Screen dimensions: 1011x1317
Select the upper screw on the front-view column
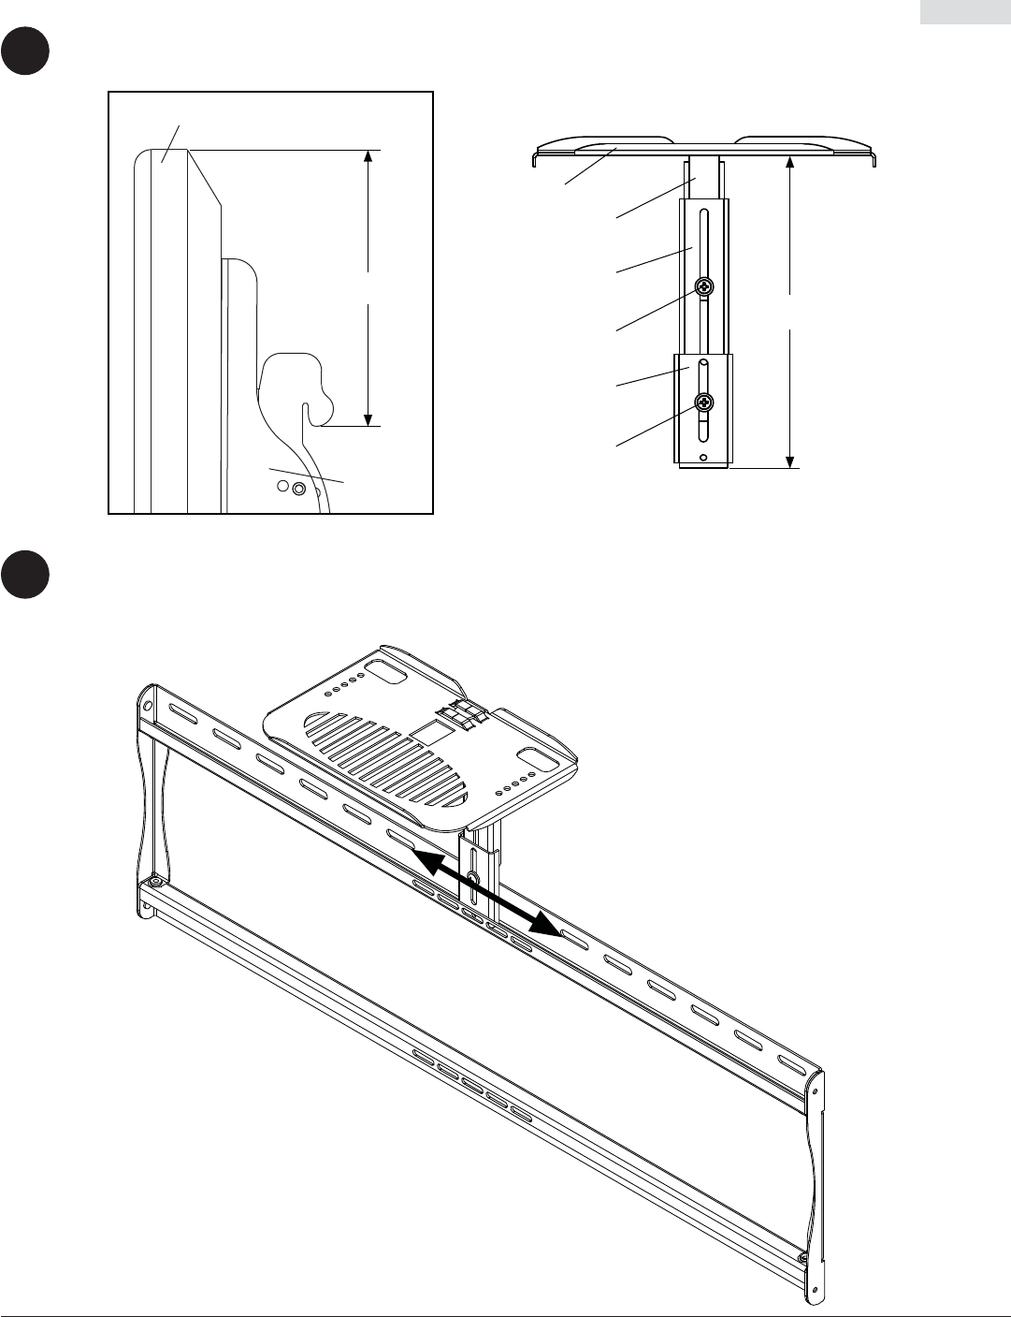(704, 288)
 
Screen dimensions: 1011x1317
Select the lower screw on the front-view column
(704, 403)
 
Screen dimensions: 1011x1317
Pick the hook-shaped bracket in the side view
(297, 384)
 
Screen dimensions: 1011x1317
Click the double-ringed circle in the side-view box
(298, 489)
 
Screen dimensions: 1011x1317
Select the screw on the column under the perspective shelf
(473, 877)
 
